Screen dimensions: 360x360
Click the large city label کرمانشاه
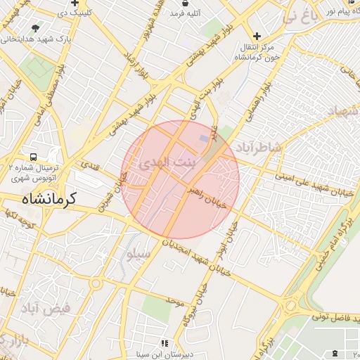pyautogui.click(x=50, y=200)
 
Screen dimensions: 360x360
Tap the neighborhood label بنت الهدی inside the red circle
pyautogui.click(x=164, y=163)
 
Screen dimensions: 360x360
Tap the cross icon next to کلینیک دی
pyautogui.click(x=75, y=4)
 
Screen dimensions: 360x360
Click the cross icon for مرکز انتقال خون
pyautogui.click(x=257, y=36)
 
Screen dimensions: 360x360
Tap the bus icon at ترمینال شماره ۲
pyautogui.click(x=33, y=157)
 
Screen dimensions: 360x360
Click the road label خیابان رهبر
pyautogui.click(x=206, y=197)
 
